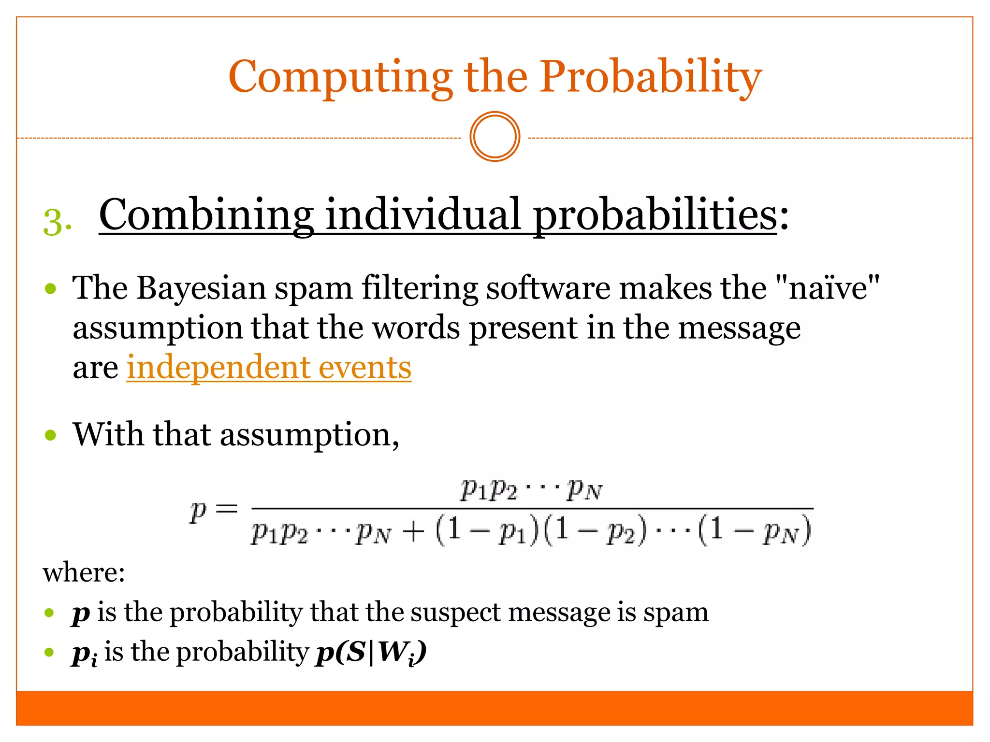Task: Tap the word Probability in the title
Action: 650,77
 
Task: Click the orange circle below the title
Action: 495,137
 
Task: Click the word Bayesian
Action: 201,288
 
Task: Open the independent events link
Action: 269,368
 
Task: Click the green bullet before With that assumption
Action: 50,435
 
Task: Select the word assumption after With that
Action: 305,435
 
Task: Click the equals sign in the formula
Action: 226,509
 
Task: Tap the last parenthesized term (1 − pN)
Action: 754,531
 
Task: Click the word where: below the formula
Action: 84,573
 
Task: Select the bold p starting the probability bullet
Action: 81,613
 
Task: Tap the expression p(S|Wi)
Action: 371,653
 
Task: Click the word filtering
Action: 420,288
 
